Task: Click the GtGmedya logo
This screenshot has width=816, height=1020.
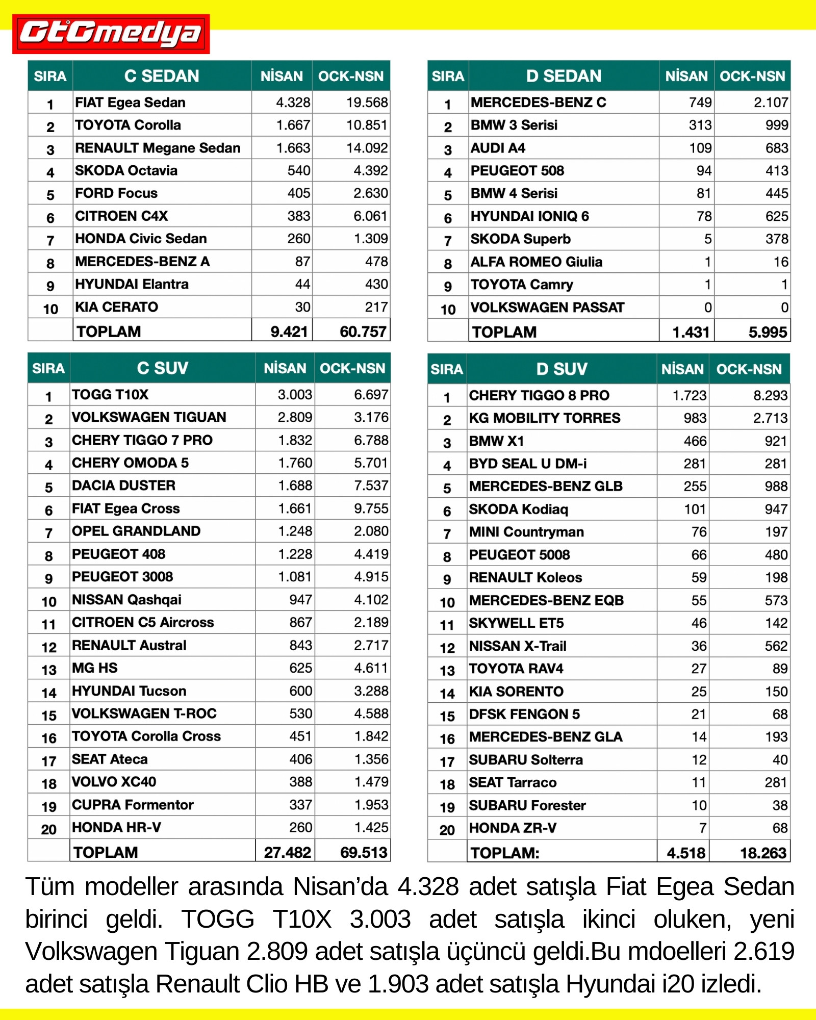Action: click(111, 34)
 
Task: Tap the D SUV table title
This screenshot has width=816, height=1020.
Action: click(562, 369)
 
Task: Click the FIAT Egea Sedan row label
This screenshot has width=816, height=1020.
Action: click(130, 103)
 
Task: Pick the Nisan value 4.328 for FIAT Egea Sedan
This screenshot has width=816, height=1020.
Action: click(293, 103)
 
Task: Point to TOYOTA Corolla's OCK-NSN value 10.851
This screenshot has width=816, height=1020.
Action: click(367, 125)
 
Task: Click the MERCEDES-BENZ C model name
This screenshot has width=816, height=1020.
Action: click(538, 103)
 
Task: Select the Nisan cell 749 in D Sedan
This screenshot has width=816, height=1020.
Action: click(700, 103)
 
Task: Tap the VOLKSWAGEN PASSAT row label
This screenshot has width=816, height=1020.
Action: click(547, 308)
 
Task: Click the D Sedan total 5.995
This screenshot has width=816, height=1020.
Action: click(768, 333)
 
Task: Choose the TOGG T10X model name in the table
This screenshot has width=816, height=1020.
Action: click(110, 395)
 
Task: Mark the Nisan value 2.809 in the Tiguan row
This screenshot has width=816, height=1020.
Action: click(294, 417)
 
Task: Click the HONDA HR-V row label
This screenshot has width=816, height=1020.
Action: click(116, 828)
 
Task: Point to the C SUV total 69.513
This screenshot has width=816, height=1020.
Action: click(364, 852)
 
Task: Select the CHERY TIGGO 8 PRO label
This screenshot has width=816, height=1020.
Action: click(539, 395)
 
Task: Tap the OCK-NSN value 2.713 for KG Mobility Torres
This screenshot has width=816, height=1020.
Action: click(770, 418)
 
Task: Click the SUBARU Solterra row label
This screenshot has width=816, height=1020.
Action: click(526, 760)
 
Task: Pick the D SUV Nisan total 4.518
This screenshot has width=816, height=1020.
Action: click(686, 853)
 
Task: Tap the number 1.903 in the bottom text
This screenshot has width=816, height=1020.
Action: click(398, 984)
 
